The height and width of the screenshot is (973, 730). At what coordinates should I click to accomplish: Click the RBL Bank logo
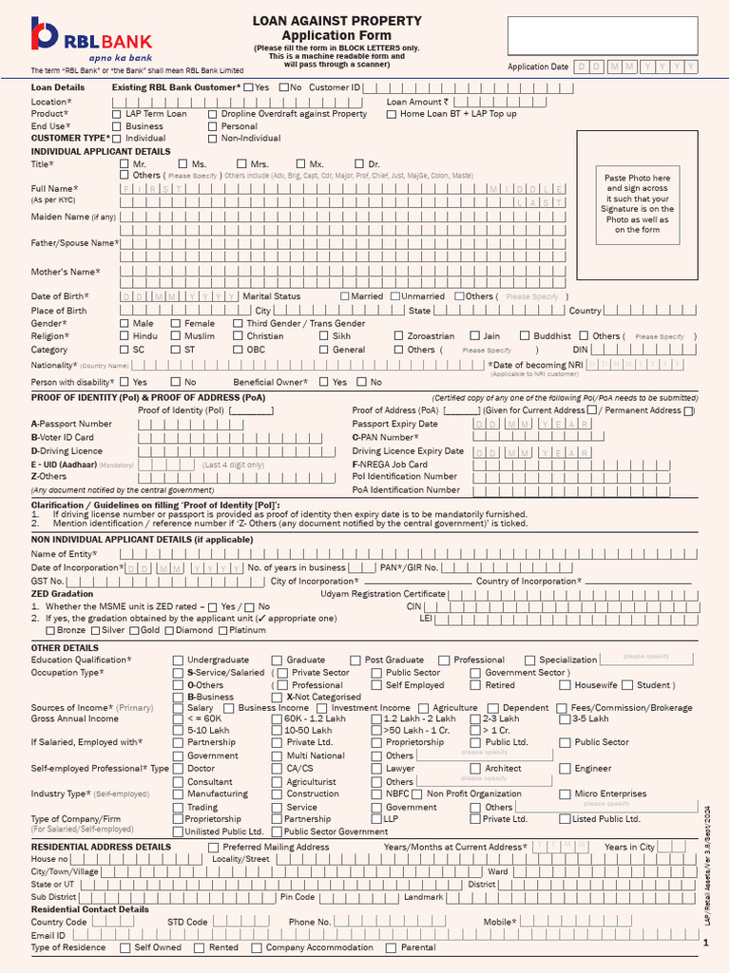[x=90, y=38]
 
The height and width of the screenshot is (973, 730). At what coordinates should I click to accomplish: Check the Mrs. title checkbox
[x=241, y=164]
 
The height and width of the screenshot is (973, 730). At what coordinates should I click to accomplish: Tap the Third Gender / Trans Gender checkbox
[x=238, y=324]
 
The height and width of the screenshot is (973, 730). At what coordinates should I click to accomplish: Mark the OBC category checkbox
[x=238, y=350]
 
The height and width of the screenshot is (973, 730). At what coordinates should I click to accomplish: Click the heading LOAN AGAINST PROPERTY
[x=336, y=21]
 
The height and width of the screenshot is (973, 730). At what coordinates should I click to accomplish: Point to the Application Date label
[x=538, y=67]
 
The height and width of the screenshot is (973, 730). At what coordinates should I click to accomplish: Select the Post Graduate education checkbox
[x=355, y=660]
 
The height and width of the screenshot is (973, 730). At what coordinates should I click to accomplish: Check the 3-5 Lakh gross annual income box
[x=565, y=719]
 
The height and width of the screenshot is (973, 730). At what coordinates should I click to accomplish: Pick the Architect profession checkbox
[x=474, y=769]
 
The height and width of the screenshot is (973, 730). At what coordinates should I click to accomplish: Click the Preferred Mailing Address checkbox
[x=213, y=847]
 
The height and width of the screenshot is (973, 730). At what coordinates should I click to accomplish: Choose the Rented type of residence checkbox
[x=200, y=948]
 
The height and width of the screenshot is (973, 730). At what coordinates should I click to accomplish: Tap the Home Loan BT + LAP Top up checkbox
[x=392, y=114]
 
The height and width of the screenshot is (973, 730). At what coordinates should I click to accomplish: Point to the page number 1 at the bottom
[x=705, y=942]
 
